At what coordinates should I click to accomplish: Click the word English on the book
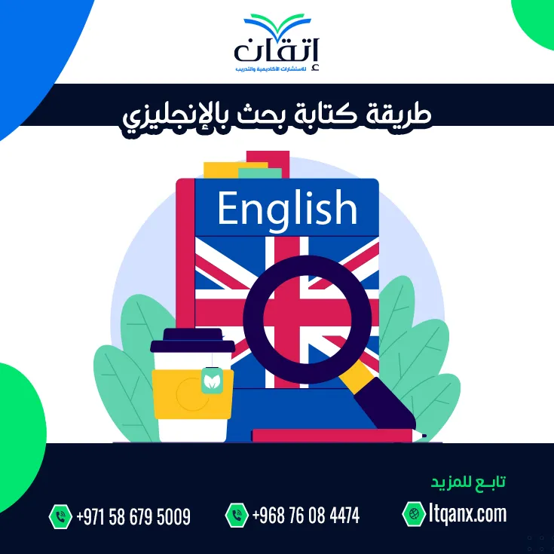[287, 208]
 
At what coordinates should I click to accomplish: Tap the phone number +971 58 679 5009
[133, 517]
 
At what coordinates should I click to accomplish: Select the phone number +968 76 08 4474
[306, 515]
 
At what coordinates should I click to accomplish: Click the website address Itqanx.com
[468, 514]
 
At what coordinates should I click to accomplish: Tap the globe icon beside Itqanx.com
[414, 514]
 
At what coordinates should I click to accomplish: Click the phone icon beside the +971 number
[60, 516]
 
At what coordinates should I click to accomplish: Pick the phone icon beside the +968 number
[237, 515]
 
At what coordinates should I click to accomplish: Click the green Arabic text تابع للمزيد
[468, 482]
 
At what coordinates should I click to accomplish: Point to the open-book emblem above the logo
[277, 24]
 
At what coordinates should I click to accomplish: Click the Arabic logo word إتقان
[277, 51]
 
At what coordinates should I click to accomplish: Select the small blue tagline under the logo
[271, 68]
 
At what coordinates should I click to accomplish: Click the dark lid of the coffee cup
[192, 341]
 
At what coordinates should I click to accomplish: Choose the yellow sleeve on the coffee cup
[192, 394]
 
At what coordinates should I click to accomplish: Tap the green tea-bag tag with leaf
[212, 381]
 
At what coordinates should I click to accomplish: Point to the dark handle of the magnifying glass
[386, 406]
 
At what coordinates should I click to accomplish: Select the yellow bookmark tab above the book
[234, 170]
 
